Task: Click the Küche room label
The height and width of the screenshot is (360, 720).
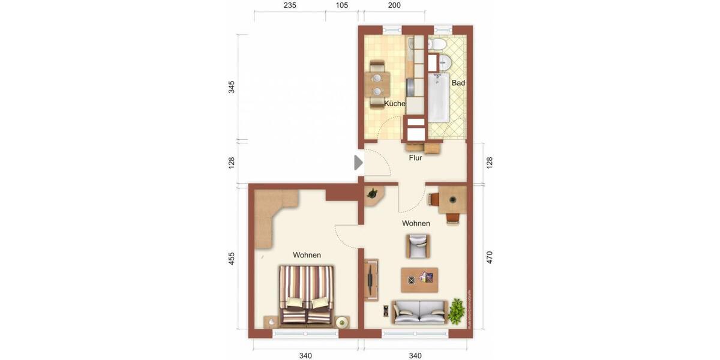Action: click(x=394, y=104)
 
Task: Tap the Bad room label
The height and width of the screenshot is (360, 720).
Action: click(x=458, y=83)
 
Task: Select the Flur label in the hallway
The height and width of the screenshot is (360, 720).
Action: click(x=415, y=158)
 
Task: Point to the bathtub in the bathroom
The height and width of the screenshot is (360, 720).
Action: click(x=438, y=96)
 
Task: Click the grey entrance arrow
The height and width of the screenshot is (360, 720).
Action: click(x=358, y=163)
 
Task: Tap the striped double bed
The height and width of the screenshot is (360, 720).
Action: click(x=306, y=295)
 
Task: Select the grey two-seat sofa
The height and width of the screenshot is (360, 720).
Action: click(x=419, y=311)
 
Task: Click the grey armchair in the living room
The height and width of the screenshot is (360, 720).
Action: click(x=418, y=245)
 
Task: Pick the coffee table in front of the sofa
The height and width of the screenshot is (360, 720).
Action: click(x=419, y=279)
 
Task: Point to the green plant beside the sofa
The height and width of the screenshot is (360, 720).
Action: click(x=457, y=311)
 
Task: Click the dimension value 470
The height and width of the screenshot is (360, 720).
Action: click(x=490, y=258)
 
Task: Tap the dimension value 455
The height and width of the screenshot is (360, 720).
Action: click(x=232, y=259)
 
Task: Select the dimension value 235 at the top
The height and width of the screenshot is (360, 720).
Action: click(x=290, y=5)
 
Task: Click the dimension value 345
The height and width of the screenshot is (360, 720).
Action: click(x=232, y=88)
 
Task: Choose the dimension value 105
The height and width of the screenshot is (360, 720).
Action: click(x=342, y=5)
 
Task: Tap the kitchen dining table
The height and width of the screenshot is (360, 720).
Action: click(x=377, y=85)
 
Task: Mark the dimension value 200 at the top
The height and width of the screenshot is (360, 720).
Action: click(x=394, y=5)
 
